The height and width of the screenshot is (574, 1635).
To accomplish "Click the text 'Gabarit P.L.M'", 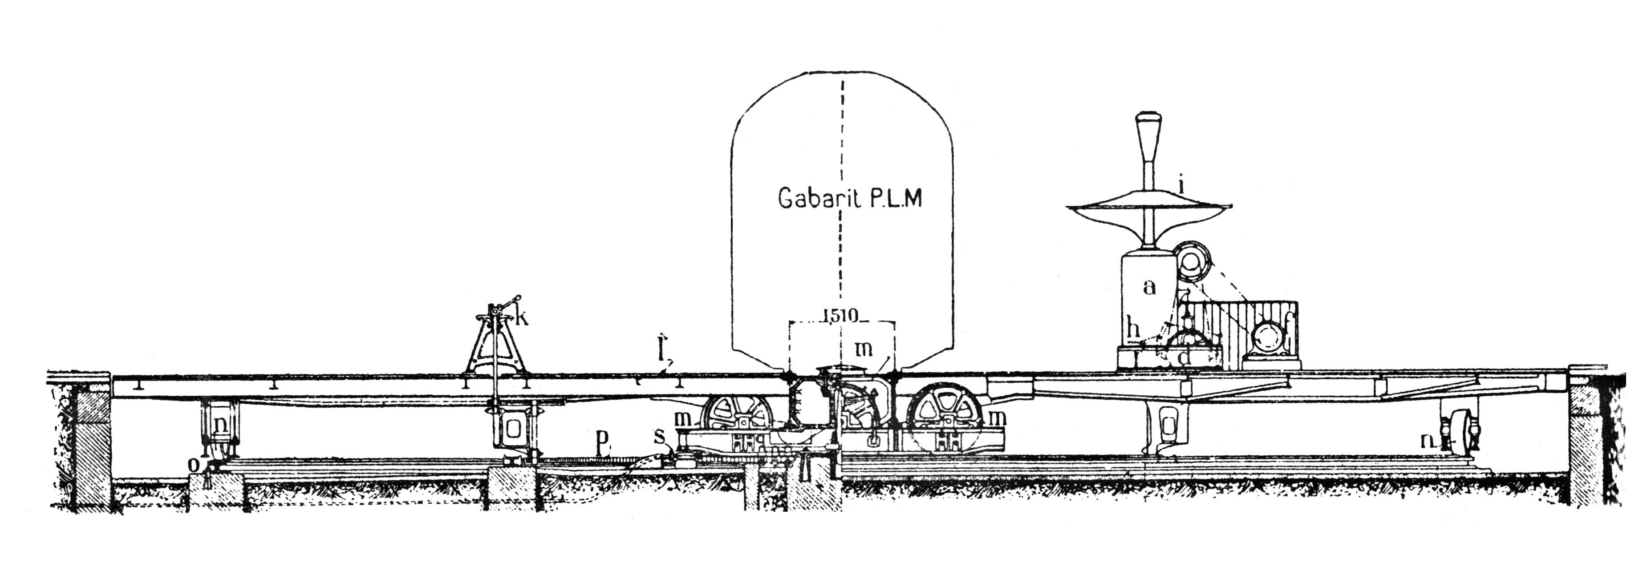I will pos(849,199).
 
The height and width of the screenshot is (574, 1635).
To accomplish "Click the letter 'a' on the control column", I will pos(1149,287).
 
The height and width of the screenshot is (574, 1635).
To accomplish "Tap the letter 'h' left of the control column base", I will pos(1134,330).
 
